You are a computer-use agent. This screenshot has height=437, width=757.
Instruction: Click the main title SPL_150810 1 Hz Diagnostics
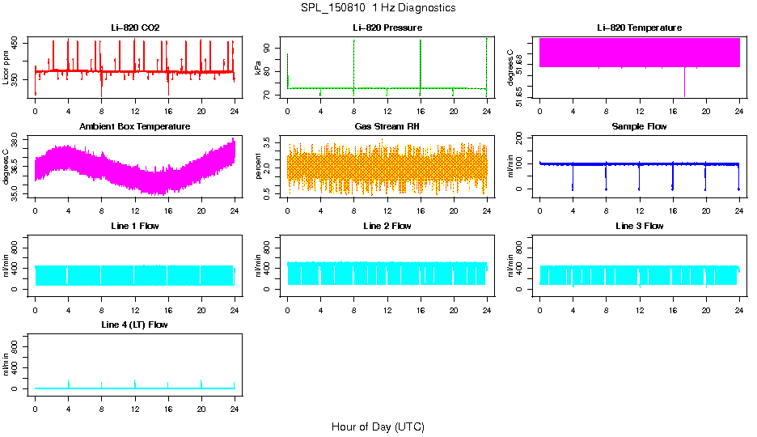pyautogui.click(x=378, y=8)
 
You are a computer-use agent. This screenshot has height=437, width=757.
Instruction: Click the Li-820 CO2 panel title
pyautogui.click(x=135, y=28)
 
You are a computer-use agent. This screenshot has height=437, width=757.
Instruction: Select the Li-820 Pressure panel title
pyautogui.click(x=387, y=28)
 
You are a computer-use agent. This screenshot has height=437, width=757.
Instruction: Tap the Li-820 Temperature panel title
pyautogui.click(x=639, y=28)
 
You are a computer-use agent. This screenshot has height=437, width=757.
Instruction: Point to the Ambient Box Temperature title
pyautogui.click(x=135, y=127)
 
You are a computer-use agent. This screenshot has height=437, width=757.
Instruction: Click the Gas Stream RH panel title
pyautogui.click(x=387, y=127)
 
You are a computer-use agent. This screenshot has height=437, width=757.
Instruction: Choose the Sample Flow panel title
pyautogui.click(x=639, y=127)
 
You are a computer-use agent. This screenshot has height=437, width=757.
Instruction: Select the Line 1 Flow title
pyautogui.click(x=135, y=226)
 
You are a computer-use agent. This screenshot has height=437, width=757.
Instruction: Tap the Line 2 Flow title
pyautogui.click(x=387, y=226)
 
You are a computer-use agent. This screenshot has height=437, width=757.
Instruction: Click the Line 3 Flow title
pyautogui.click(x=639, y=226)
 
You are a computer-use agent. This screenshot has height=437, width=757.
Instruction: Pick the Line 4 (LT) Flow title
pyautogui.click(x=135, y=325)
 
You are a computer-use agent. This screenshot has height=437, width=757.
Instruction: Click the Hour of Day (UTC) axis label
pyautogui.click(x=378, y=426)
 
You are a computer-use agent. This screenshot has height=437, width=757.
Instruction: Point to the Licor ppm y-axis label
pyautogui.click(x=6, y=67)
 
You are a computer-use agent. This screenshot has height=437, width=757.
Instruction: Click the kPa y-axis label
pyautogui.click(x=259, y=68)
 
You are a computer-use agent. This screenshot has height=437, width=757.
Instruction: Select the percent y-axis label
pyautogui.click(x=259, y=167)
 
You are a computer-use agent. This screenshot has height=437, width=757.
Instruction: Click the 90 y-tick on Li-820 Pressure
pyautogui.click(x=269, y=48)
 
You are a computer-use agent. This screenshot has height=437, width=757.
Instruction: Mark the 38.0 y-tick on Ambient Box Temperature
pyautogui.click(x=17, y=138)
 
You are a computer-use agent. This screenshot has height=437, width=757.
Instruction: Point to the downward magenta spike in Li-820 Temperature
pyautogui.click(x=684, y=83)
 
